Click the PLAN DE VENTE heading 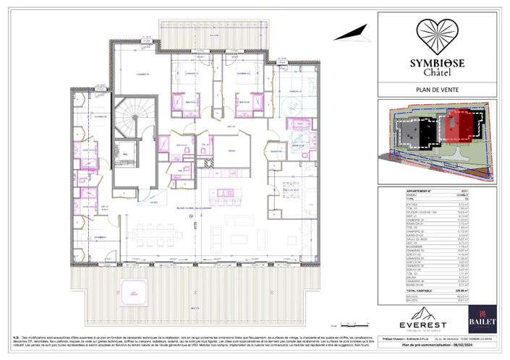(441, 90)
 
